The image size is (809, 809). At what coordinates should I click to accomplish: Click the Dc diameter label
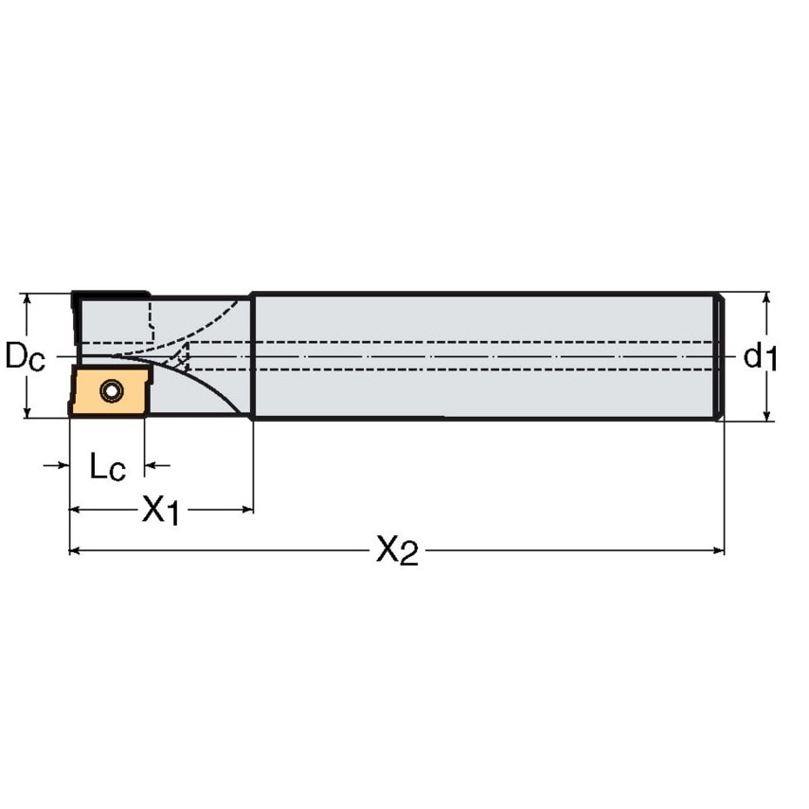coord(24,357)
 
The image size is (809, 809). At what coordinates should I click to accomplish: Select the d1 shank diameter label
coord(760,357)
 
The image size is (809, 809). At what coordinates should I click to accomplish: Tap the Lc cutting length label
coord(106,466)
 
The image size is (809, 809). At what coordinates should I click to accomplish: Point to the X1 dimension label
coord(160,511)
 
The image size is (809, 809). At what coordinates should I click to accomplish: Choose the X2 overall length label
coord(396,550)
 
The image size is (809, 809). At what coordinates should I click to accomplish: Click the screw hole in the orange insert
coord(112,388)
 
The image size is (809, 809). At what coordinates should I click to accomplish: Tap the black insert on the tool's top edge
coord(110,296)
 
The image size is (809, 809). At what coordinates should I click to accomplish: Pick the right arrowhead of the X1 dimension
coord(246,510)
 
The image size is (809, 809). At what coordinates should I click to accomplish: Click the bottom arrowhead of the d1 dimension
coord(766,414)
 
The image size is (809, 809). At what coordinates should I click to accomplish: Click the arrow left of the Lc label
coord(62,466)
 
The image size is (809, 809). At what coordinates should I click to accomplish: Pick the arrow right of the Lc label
coord(153,466)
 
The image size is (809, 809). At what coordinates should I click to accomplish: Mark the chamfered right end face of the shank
coord(720,356)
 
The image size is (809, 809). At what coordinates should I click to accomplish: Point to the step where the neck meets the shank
coord(251,356)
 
